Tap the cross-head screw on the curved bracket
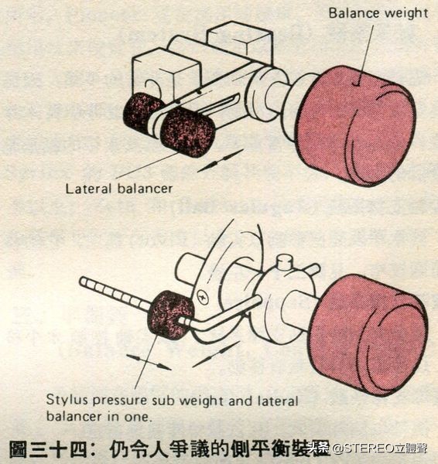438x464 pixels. [x=204, y=295]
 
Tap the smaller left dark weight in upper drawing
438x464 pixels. [x=142, y=111]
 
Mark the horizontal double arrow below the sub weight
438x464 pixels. [x=149, y=361]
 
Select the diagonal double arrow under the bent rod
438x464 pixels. [x=214, y=354]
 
